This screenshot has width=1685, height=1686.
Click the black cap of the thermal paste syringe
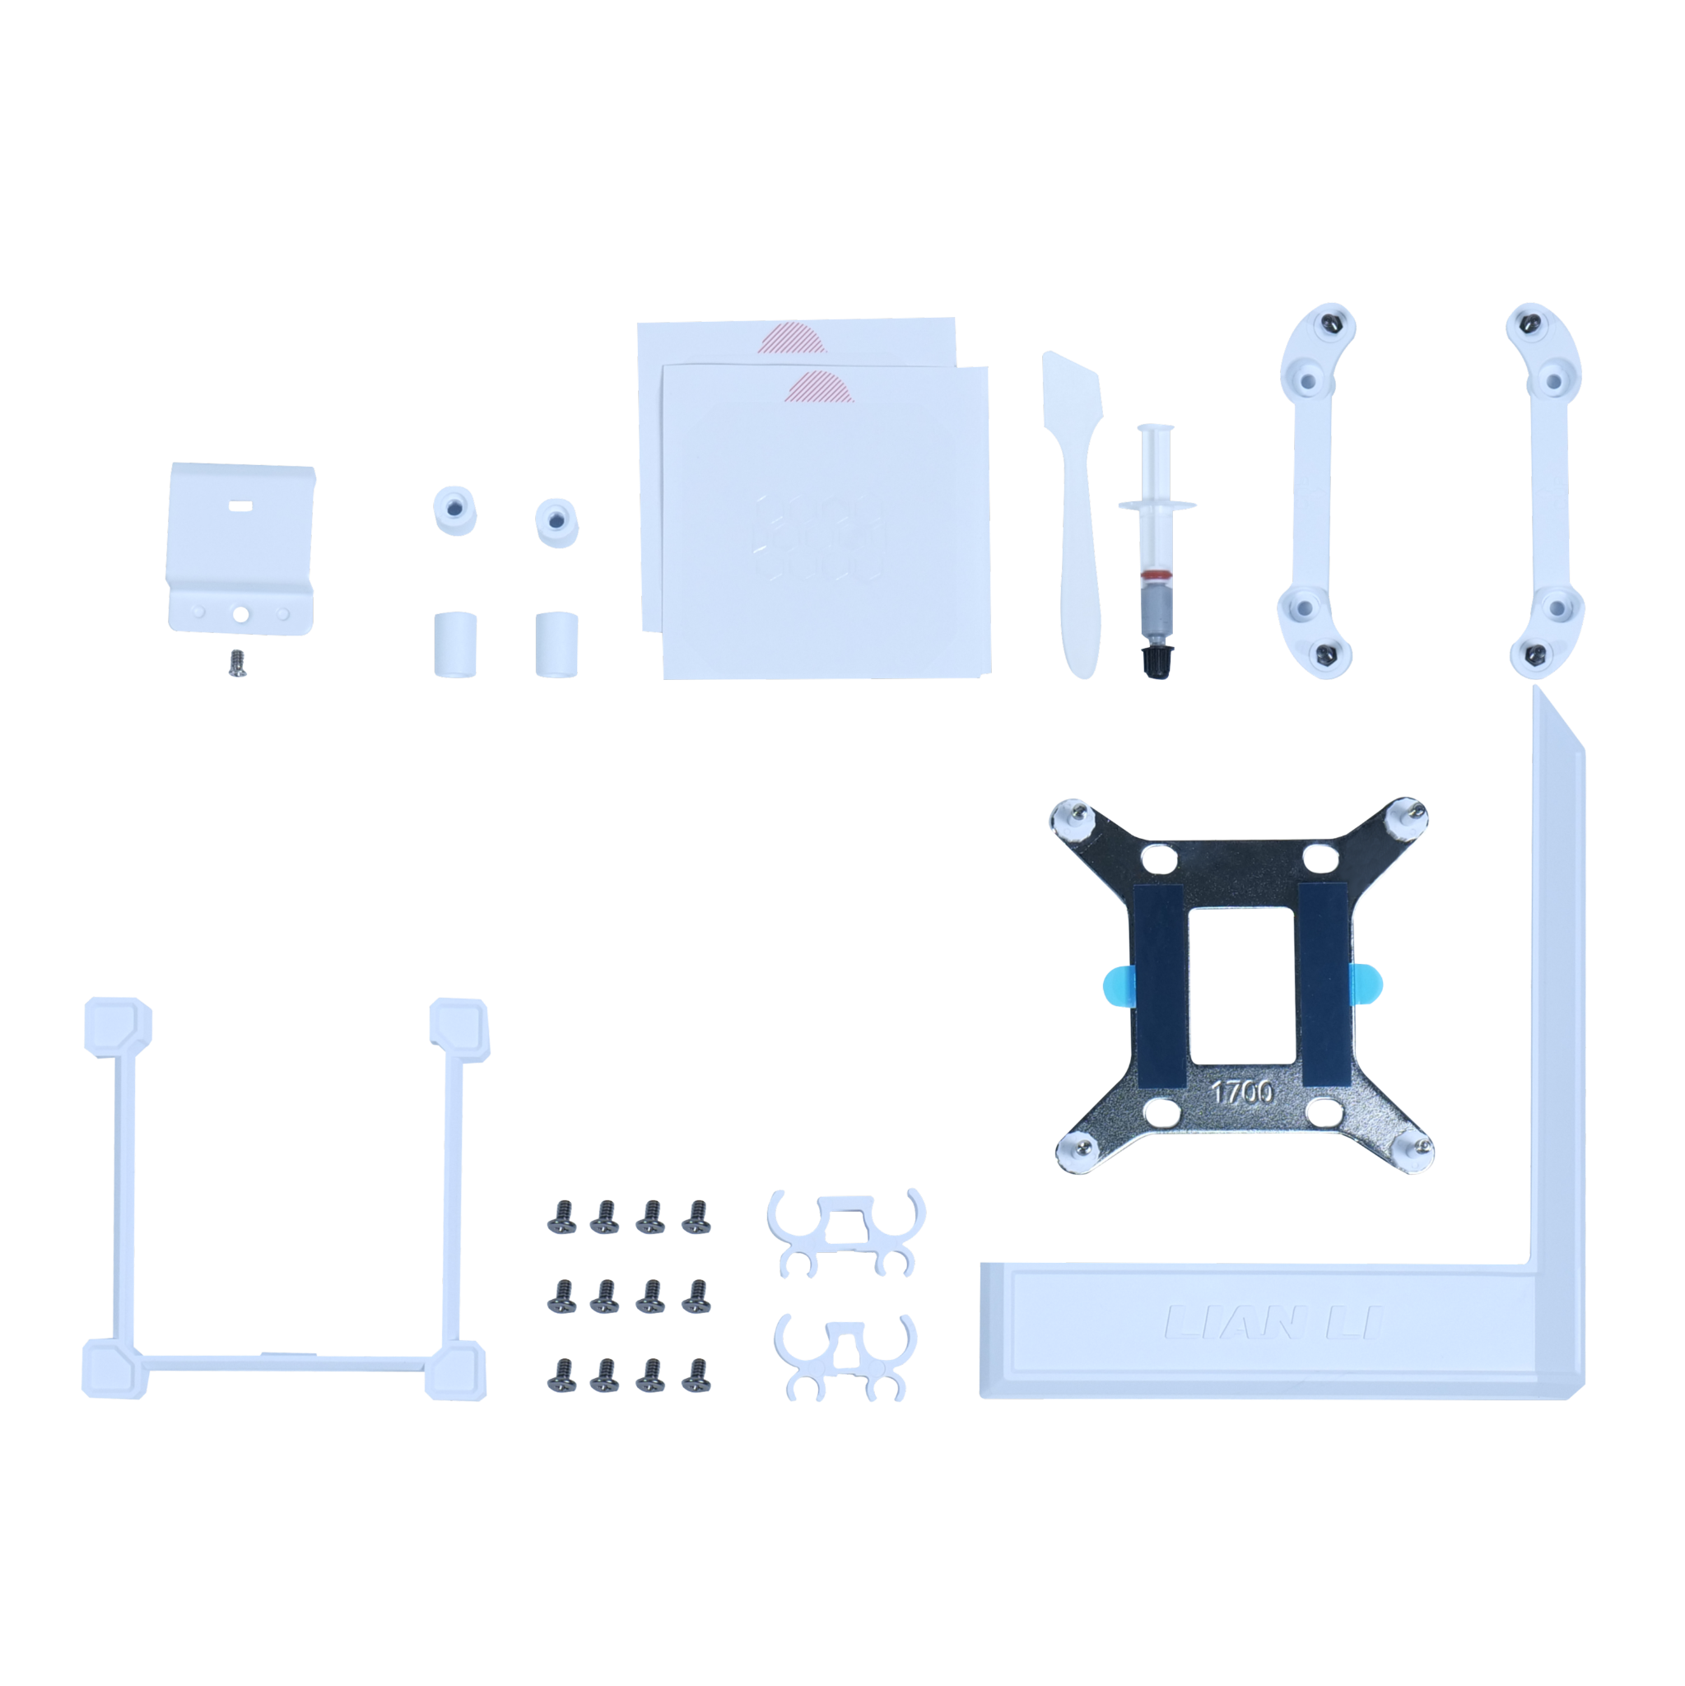click(x=1157, y=660)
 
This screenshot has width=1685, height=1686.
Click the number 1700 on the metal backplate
click(x=1241, y=1092)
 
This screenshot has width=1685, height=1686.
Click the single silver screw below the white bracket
click(x=236, y=664)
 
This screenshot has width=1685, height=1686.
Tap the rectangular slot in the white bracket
click(x=239, y=505)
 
